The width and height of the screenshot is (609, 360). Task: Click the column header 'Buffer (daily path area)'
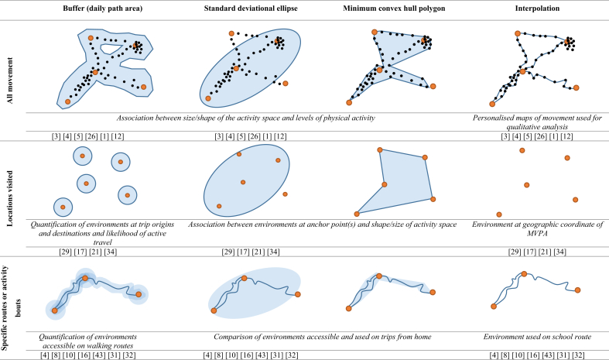[x=101, y=9]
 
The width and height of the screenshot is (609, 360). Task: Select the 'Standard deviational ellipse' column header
[x=247, y=9]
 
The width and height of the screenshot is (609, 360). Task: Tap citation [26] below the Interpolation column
[x=539, y=136]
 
